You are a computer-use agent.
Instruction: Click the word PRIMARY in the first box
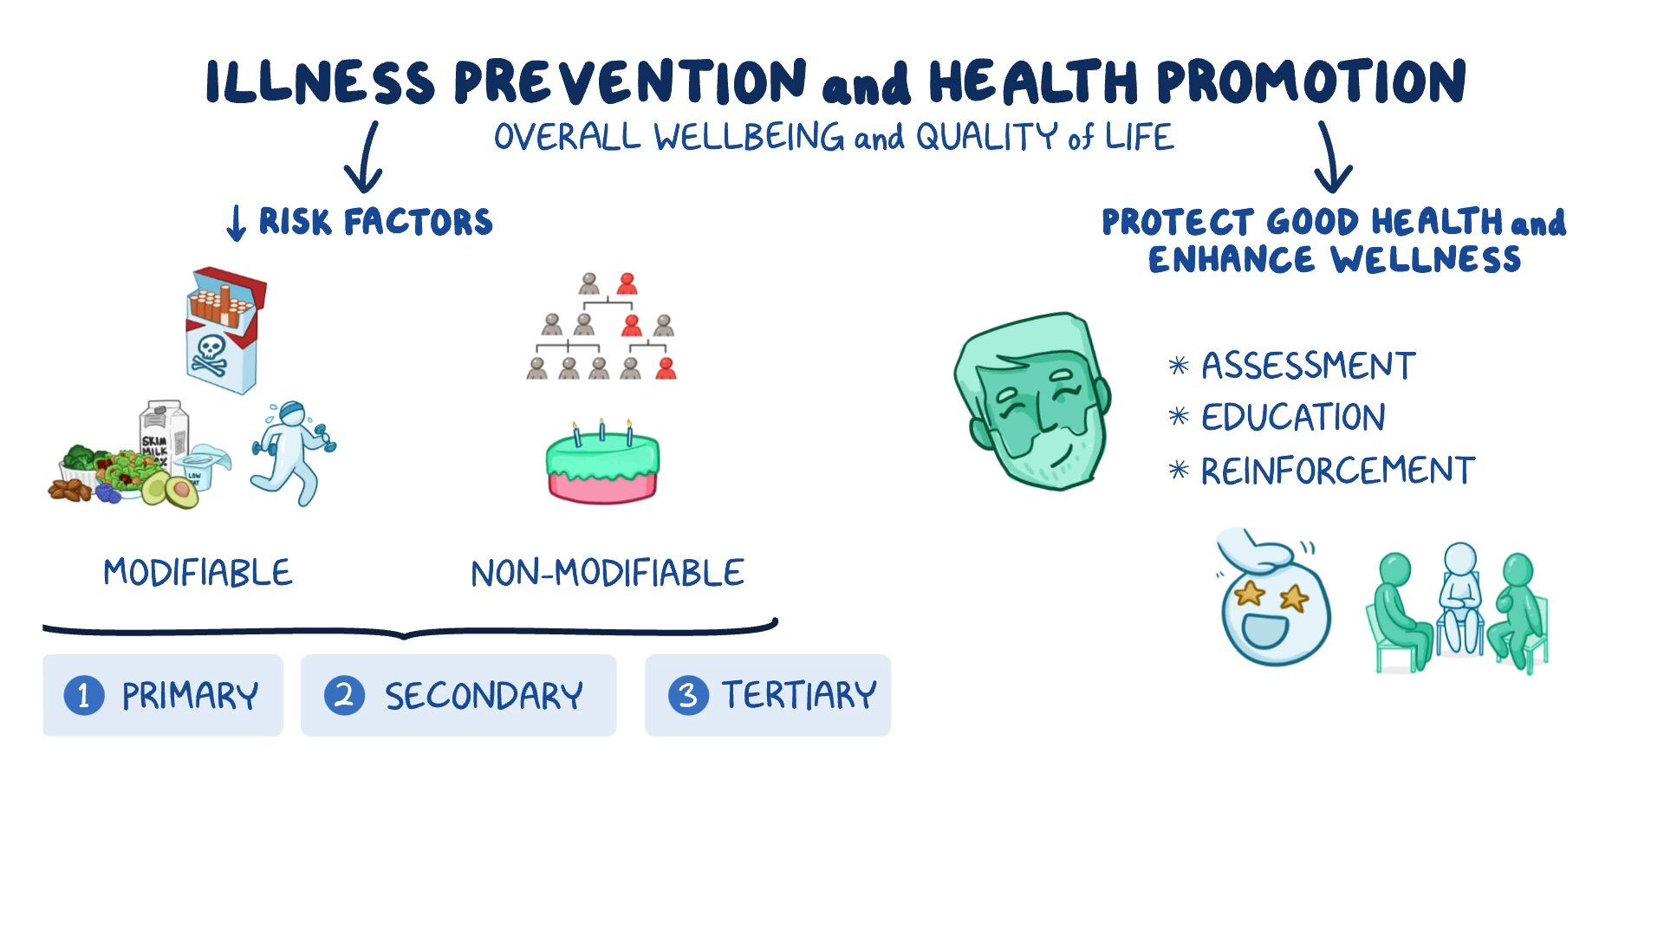(x=190, y=696)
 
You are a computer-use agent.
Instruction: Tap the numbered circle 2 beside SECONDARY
(x=344, y=695)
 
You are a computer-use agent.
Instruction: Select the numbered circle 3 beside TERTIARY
(x=688, y=695)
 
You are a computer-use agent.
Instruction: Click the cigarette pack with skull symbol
(x=224, y=330)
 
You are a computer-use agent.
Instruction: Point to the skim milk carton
(x=164, y=433)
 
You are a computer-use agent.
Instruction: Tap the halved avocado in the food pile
(x=180, y=491)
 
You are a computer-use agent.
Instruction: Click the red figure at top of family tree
(x=627, y=284)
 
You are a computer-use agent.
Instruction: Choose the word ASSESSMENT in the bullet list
(x=1308, y=366)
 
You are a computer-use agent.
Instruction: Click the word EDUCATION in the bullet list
(x=1293, y=418)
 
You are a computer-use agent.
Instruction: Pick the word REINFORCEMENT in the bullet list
(x=1337, y=471)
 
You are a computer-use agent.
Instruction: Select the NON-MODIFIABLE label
(x=607, y=574)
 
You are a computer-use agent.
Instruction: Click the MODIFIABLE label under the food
(x=198, y=573)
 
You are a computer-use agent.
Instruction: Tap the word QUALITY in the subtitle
(x=986, y=137)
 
